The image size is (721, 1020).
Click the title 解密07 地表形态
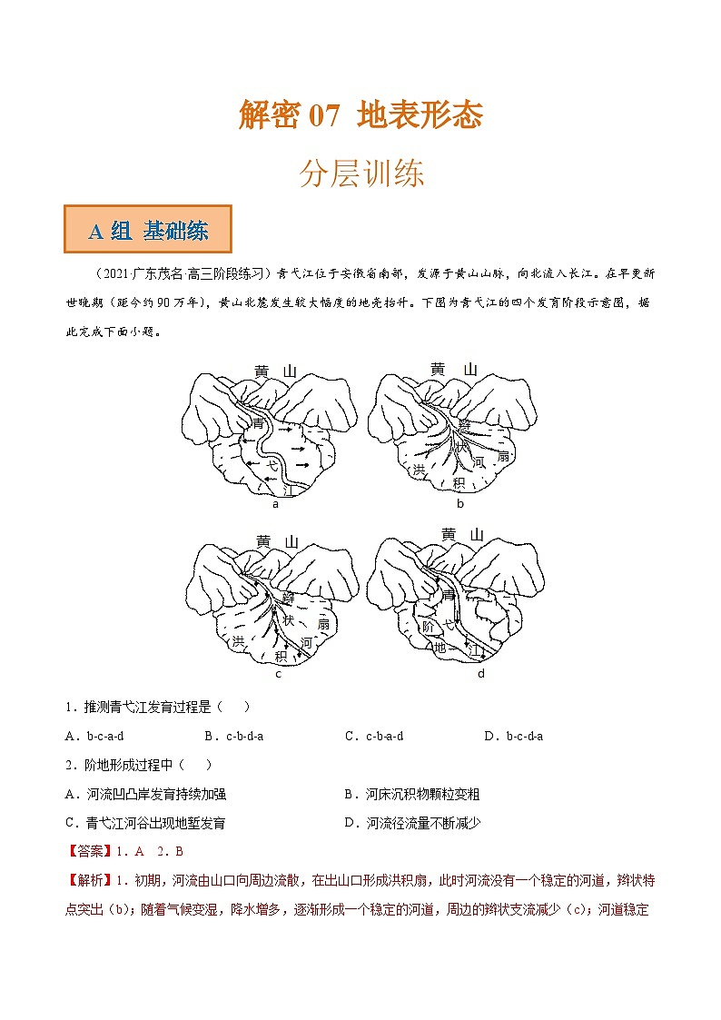360,115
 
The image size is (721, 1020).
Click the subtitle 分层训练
361,173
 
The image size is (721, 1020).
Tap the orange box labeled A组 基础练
148,231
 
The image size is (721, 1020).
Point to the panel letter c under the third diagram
278,674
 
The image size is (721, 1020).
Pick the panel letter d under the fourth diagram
480,674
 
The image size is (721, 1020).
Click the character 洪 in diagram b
419,469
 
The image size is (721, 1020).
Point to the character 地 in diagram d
440,648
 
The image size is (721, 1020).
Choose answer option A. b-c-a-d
94,736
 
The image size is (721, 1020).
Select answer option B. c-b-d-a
233,736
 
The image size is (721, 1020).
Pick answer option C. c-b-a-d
374,736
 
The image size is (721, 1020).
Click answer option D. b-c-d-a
513,736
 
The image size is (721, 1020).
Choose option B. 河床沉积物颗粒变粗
411,794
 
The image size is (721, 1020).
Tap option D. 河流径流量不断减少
411,823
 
